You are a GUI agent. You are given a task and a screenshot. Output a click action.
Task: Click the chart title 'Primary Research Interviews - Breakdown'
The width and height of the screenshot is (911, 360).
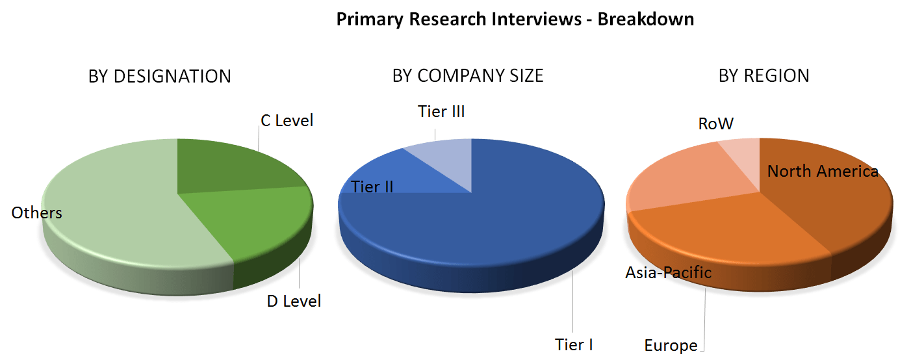coord(515,19)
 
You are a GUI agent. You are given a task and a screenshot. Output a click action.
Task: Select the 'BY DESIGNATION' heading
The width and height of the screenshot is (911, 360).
coord(159,76)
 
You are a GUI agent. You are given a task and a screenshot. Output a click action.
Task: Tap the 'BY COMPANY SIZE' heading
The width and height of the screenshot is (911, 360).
coord(468,76)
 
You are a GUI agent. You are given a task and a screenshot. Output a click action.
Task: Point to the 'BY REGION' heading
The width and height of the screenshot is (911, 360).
coord(763,76)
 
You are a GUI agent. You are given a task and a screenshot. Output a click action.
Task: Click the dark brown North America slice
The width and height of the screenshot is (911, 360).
coord(838,208)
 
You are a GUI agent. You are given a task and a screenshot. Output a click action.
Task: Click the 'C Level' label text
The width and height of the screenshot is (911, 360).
coord(287,121)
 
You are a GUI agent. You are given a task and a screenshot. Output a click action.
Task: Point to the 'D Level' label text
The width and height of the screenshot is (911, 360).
coord(294,302)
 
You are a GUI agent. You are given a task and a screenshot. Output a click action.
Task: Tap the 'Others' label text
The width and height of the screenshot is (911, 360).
coord(36,213)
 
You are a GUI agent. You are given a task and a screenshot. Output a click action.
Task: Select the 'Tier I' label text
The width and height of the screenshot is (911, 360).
coord(574,344)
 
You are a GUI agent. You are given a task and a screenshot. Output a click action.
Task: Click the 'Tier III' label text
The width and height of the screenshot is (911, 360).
coord(441,112)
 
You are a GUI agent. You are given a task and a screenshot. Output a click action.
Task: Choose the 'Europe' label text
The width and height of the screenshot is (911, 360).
coord(671,346)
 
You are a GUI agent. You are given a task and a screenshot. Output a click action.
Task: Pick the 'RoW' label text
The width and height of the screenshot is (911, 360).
coord(715,124)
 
